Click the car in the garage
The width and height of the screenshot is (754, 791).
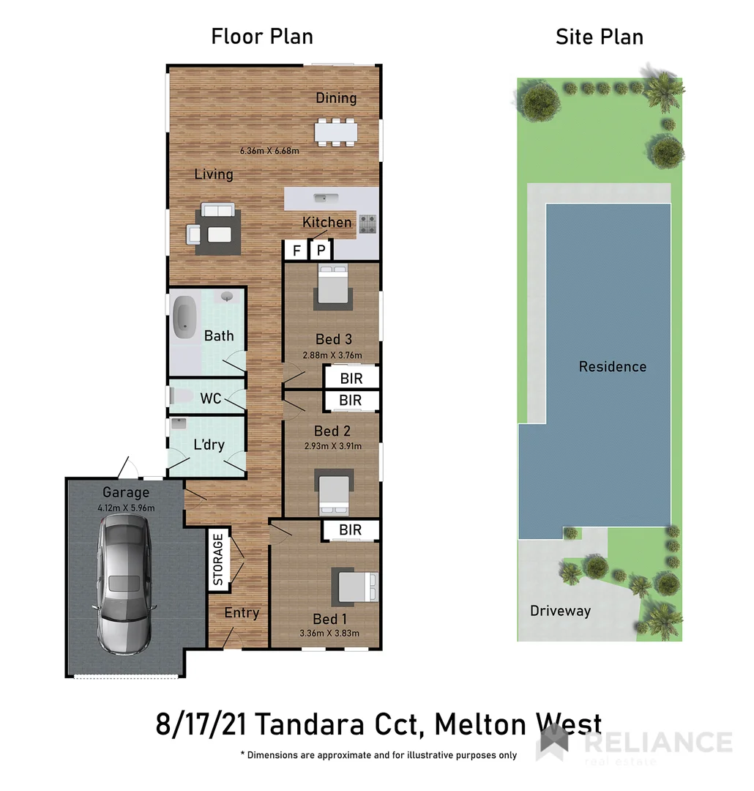(124, 584)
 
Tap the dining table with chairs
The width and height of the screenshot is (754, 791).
(336, 131)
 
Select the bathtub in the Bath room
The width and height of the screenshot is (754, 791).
(184, 317)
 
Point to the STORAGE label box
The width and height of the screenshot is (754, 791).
(218, 560)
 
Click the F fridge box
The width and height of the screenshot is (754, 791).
(296, 250)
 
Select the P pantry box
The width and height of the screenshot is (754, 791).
(321, 250)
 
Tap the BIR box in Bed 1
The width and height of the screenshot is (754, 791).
(351, 530)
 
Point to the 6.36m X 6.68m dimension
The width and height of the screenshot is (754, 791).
(269, 152)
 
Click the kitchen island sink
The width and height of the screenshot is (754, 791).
(323, 197)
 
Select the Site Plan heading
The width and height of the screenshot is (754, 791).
(599, 37)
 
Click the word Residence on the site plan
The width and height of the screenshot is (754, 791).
(613, 366)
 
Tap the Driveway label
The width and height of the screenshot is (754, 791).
(560, 610)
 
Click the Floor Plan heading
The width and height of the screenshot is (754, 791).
(262, 36)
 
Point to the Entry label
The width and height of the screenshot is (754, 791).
(242, 612)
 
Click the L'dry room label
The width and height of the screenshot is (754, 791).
(209, 444)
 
